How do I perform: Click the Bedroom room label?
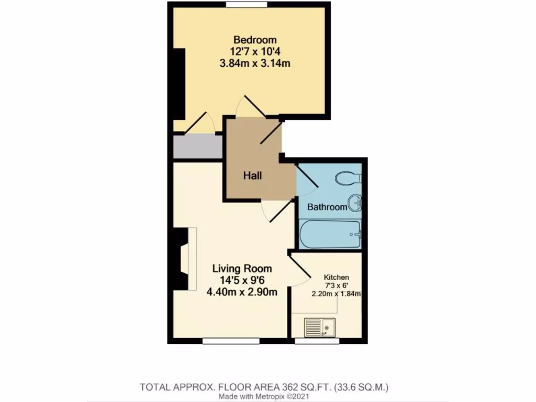coord(255,40)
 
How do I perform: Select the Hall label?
coord(252,176)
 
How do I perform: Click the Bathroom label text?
coord(327,207)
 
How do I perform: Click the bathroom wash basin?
coord(356,203)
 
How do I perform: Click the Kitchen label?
coord(336,277)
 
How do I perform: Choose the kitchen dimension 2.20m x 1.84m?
coord(336,294)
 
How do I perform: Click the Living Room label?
coord(242,269)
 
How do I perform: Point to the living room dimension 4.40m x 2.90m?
coord(242,292)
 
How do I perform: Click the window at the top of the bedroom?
coord(247,5)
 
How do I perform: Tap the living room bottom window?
coord(231,341)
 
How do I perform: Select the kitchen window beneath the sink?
coord(317,341)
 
